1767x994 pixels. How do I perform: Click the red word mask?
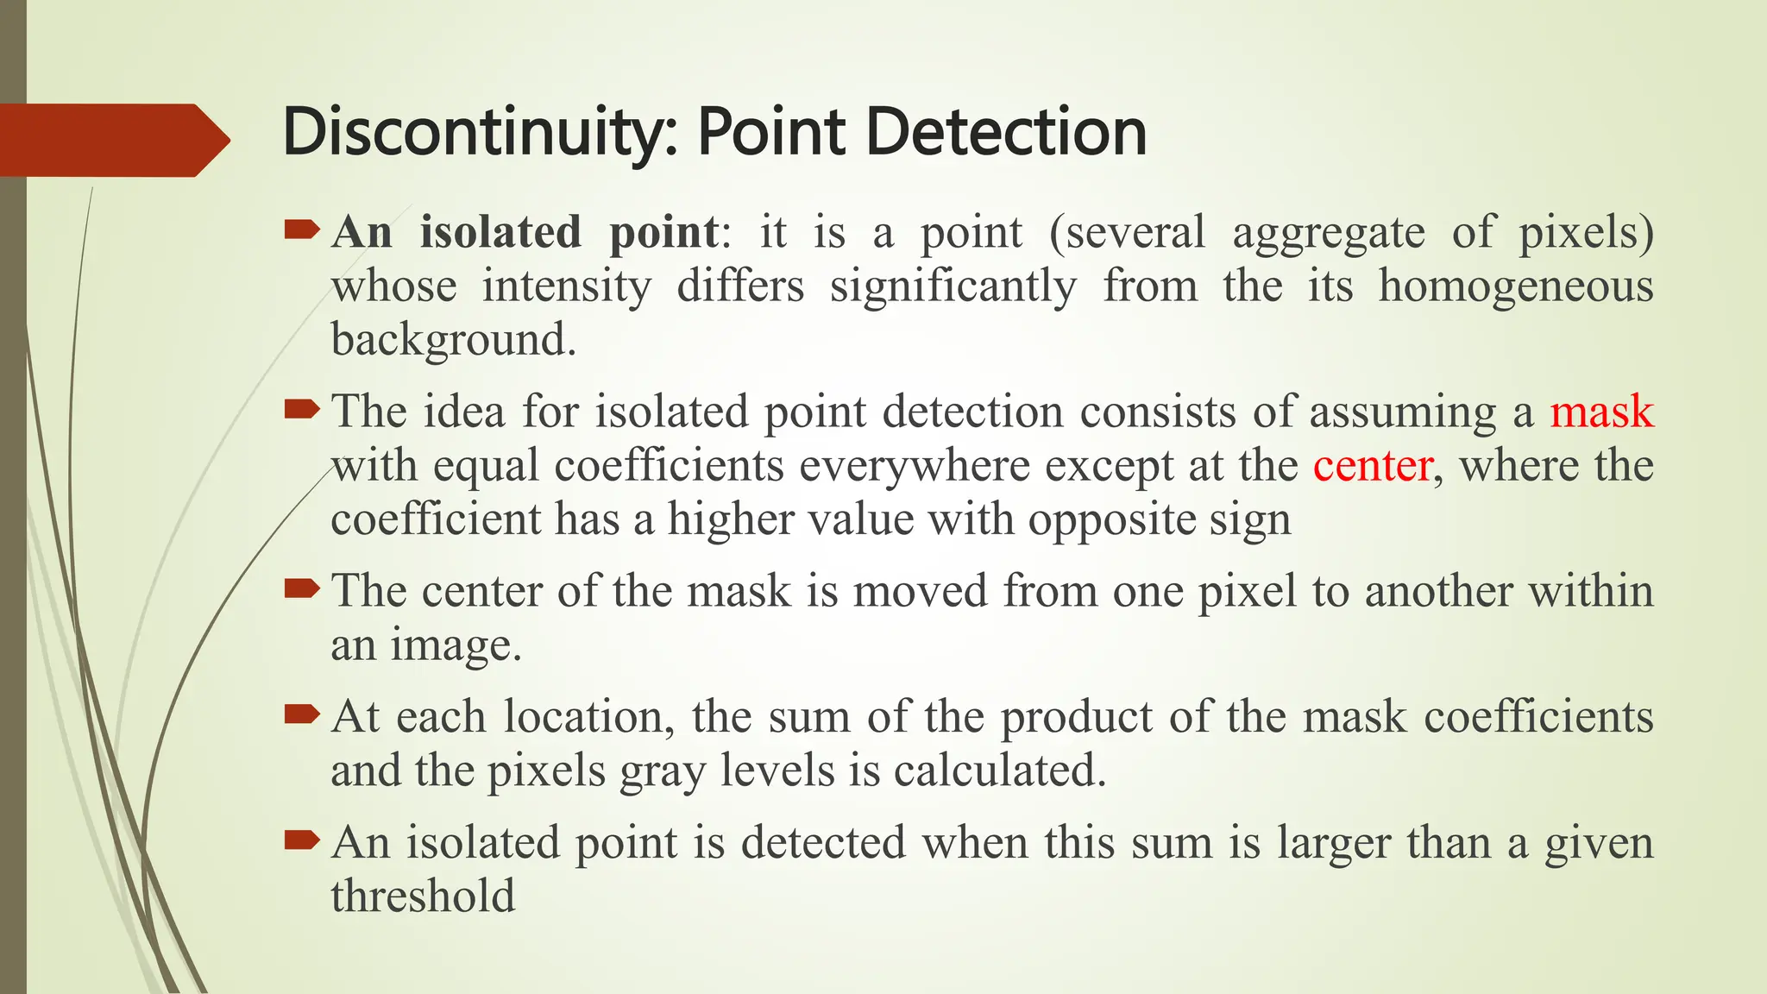[1601, 412]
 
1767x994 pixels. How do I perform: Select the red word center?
[1373, 466]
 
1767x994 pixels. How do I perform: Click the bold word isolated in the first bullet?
[500, 232]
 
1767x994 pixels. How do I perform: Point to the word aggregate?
[1329, 234]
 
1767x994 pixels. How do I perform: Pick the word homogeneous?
[1515, 287]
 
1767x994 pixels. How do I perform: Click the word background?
[453, 340]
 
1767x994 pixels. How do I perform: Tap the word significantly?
[953, 287]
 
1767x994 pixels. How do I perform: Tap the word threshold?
[423, 896]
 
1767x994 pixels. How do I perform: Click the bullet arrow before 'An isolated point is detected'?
[301, 840]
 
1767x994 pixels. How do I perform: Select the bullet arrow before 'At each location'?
[301, 714]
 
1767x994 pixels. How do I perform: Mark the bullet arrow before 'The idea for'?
[301, 408]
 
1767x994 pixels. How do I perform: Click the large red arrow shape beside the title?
[112, 140]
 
